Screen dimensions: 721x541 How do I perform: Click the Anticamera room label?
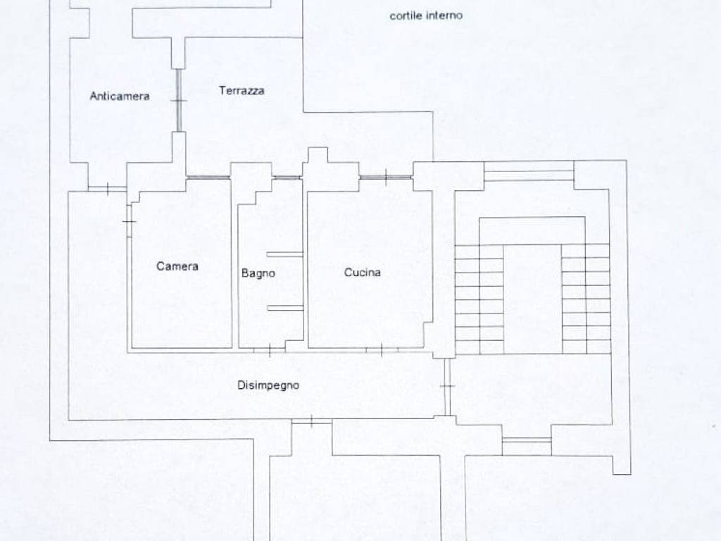120,96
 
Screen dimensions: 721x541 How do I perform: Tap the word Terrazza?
242,91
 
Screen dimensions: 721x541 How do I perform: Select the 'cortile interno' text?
426,15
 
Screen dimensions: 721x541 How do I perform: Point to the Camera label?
177,266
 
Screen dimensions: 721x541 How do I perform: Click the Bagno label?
258,273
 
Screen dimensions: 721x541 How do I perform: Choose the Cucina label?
363,273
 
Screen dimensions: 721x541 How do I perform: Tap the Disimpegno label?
268,385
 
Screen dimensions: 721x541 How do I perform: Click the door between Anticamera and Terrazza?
178,101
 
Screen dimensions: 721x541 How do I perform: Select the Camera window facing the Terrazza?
208,177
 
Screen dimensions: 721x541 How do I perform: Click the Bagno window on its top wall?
287,177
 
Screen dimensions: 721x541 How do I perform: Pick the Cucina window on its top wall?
385,177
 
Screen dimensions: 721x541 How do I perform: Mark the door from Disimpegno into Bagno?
270,351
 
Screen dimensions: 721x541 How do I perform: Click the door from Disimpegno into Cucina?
382,351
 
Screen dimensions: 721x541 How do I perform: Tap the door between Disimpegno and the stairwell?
447,387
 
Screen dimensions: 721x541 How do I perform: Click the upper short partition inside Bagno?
285,254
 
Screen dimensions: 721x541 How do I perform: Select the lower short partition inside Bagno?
285,308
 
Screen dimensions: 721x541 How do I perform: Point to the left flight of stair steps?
479,299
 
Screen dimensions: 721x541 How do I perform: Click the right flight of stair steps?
587,299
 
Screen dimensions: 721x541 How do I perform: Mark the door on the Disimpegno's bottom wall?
311,421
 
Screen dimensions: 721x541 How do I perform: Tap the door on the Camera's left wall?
130,221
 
